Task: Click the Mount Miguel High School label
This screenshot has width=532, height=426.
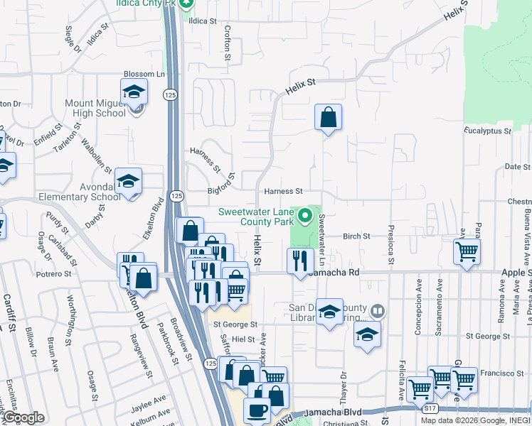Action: (95, 108)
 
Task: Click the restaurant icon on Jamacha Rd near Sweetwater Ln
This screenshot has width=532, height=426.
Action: (300, 261)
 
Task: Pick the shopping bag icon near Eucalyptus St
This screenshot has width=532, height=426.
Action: (329, 117)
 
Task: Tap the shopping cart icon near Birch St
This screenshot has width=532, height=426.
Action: (467, 251)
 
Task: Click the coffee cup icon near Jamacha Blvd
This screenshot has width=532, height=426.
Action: (257, 410)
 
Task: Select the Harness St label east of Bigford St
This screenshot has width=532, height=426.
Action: (283, 191)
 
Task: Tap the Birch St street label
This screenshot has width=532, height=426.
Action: (357, 236)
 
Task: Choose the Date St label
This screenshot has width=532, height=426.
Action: (517, 167)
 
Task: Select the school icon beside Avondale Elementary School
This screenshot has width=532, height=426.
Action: (129, 181)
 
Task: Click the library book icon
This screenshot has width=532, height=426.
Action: (378, 310)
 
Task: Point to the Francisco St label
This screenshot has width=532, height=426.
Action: (501, 373)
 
